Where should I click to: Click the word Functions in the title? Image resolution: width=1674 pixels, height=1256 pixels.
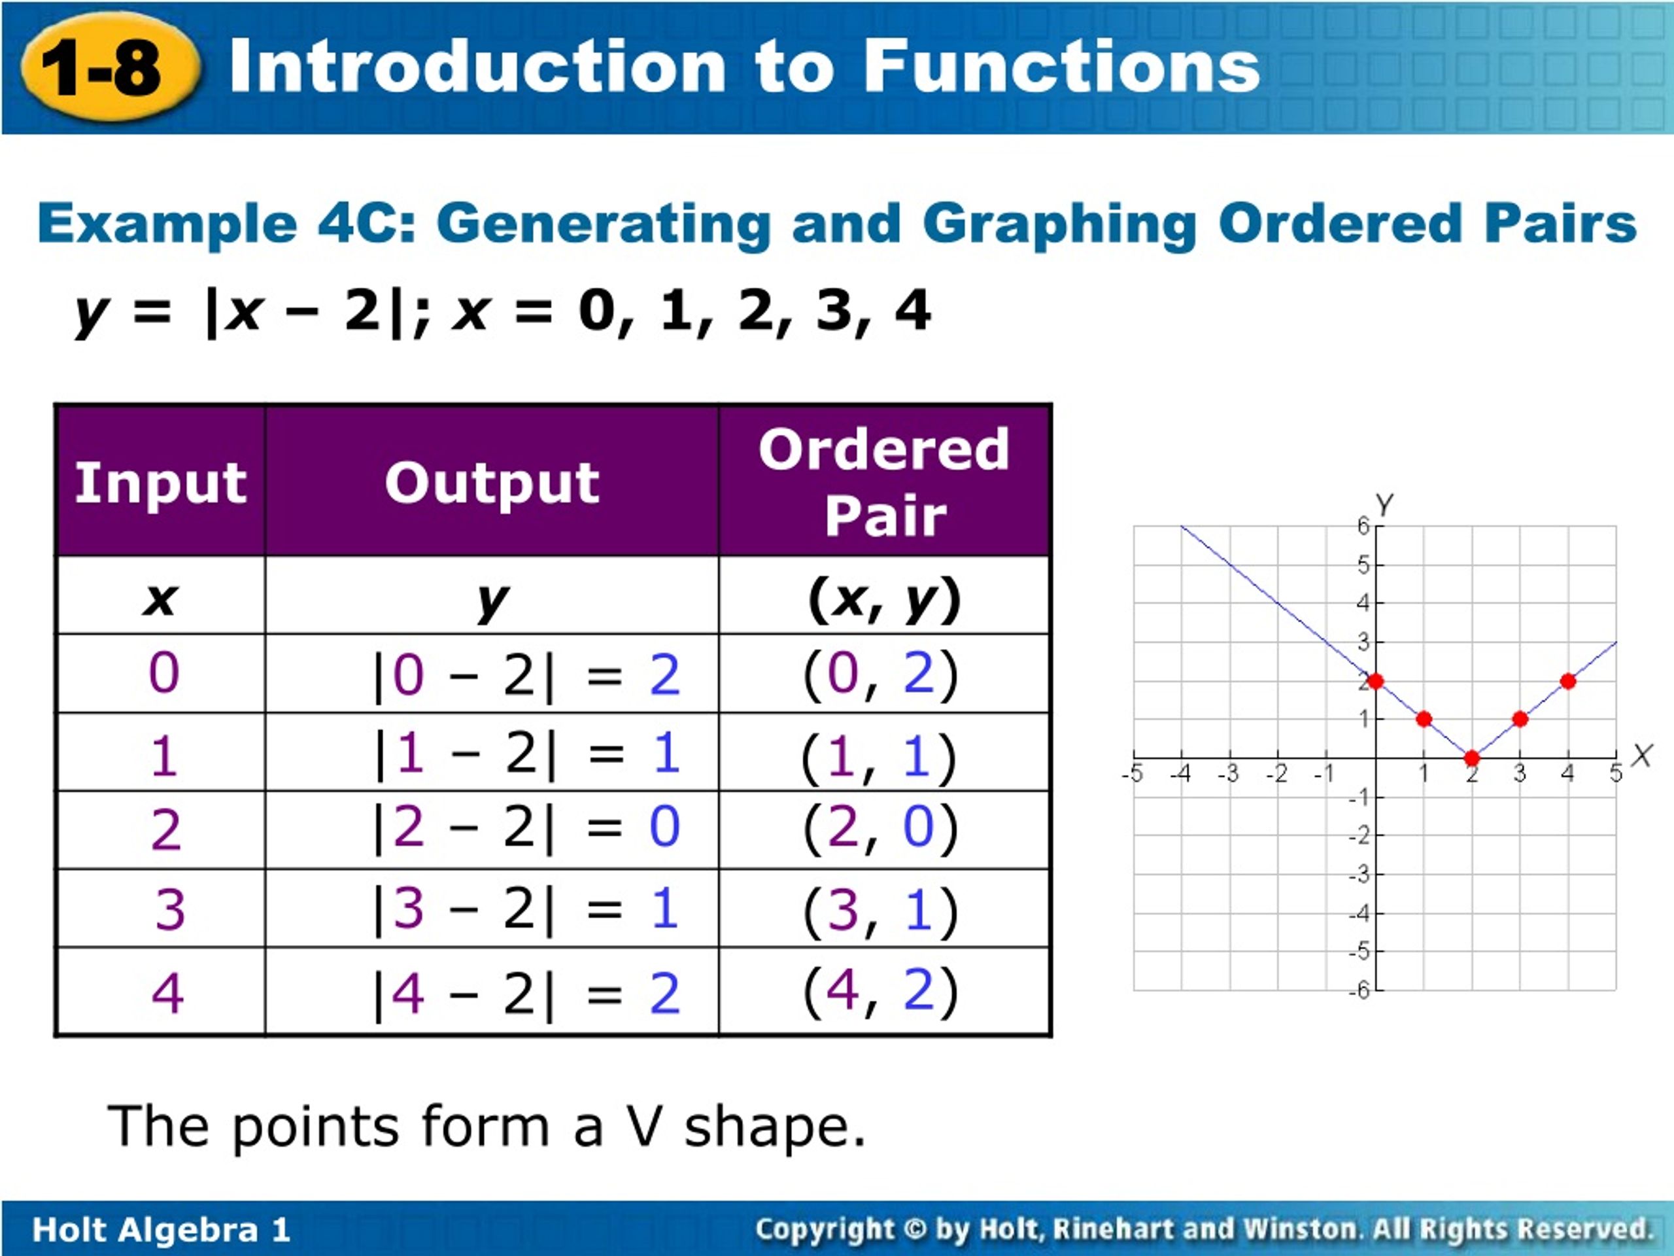pos(1061,67)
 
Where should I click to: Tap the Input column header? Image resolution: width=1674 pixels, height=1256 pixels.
pos(160,482)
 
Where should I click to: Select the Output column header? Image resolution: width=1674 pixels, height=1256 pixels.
pos(492,482)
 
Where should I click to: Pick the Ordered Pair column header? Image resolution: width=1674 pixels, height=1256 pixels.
pos(884,482)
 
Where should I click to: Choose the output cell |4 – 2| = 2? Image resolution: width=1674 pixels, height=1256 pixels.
pos(528,992)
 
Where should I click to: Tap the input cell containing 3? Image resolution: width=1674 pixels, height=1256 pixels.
pos(169,909)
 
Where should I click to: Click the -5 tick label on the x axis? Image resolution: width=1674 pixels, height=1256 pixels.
pos(1131,775)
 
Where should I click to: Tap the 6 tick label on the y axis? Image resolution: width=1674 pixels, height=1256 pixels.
pos(1363,525)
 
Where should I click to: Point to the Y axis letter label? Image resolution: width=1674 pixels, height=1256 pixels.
pos(1384,504)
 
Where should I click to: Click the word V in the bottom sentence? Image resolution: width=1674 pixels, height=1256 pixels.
pos(645,1126)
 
